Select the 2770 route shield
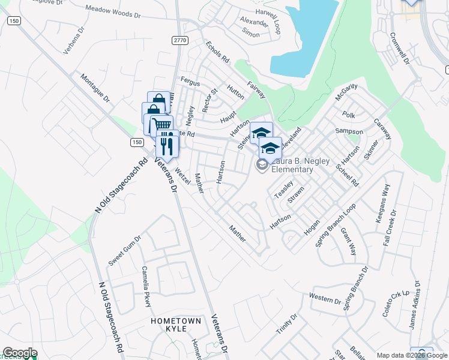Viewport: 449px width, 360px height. click(179, 40)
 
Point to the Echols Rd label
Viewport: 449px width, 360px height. click(217, 52)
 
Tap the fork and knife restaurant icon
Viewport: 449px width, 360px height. click(167, 145)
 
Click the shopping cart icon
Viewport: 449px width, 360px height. click(161, 125)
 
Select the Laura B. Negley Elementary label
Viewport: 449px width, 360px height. click(292, 165)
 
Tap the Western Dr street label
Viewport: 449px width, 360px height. click(325, 298)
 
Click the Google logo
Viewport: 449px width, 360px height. click(20, 353)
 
